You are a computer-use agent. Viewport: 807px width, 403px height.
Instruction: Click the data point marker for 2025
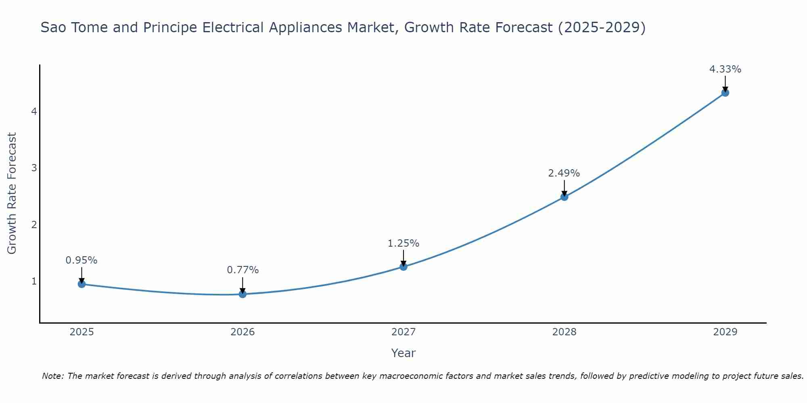[x=82, y=284]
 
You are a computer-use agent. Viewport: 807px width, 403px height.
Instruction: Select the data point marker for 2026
[x=243, y=294]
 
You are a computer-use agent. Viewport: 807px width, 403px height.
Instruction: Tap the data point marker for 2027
[x=403, y=266]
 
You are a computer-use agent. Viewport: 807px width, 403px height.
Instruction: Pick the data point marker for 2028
[x=564, y=197]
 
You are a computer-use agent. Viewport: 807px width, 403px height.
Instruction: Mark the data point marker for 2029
[x=725, y=93]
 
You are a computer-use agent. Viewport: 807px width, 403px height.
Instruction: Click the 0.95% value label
[x=82, y=260]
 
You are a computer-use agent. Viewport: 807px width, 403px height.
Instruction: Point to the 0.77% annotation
[x=243, y=270]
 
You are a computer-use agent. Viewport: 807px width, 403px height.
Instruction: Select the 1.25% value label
[x=403, y=243]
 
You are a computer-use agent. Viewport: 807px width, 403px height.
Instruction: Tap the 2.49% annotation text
[x=564, y=173]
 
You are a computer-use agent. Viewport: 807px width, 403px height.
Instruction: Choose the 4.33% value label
[x=725, y=69]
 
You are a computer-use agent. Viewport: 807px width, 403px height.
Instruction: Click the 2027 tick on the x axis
[x=403, y=332]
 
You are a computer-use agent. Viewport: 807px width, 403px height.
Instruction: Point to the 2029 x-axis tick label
[x=725, y=332]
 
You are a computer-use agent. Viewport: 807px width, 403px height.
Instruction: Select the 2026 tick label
[x=243, y=332]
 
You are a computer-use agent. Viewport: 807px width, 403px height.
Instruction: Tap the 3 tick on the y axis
[x=34, y=168]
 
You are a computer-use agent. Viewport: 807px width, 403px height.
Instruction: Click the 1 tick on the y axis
[x=34, y=281]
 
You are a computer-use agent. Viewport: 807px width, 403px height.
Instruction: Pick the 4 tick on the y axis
[x=34, y=111]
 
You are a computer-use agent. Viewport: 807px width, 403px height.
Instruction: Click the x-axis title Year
[x=403, y=353]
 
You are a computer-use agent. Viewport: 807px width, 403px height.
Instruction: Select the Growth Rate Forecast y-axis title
[x=12, y=193]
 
